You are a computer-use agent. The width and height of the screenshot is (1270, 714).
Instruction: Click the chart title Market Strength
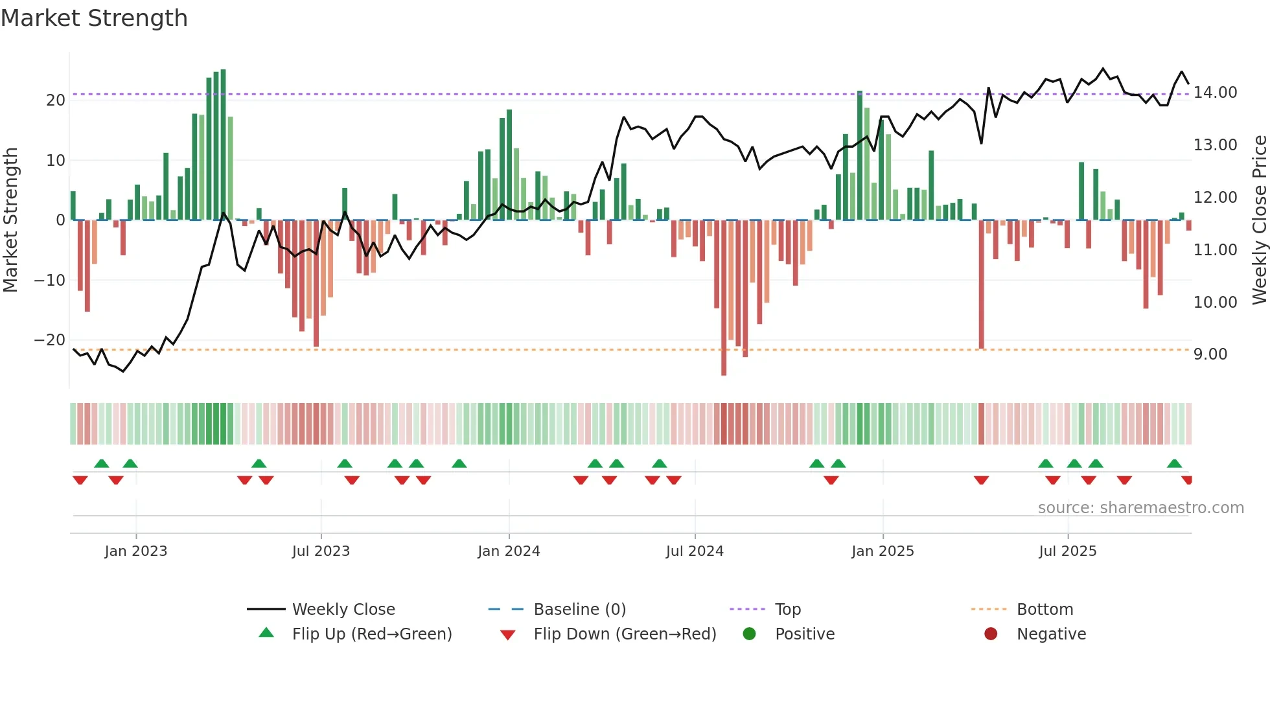click(x=94, y=18)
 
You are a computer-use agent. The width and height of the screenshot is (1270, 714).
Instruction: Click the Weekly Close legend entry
click(x=343, y=609)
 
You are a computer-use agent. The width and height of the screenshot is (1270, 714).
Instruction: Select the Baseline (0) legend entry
click(x=579, y=609)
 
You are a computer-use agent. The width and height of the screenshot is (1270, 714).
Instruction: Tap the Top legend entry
click(x=787, y=609)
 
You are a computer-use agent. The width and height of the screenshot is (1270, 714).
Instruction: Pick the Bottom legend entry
click(x=1045, y=609)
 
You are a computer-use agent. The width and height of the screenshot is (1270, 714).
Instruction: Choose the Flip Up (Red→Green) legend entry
click(x=371, y=634)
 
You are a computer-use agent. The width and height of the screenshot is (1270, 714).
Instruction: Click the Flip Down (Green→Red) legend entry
click(x=625, y=634)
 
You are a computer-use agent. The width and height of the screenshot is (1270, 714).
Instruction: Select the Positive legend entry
click(x=804, y=634)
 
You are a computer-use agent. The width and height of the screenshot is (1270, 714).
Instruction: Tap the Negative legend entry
click(x=1051, y=634)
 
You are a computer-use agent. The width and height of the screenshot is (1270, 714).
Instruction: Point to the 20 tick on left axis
click(x=56, y=100)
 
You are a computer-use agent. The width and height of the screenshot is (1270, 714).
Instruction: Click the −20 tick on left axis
click(x=50, y=340)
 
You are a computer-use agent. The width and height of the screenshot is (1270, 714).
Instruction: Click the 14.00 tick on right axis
click(x=1215, y=93)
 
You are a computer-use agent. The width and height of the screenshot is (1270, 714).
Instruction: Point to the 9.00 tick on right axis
click(x=1210, y=354)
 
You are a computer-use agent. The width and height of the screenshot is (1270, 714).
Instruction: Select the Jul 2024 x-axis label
click(x=695, y=551)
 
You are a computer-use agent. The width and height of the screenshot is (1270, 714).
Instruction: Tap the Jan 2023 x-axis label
click(x=136, y=551)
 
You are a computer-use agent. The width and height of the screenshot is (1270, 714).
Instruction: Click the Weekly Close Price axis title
click(x=1259, y=220)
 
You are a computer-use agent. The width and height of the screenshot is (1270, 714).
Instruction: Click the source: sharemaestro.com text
click(x=1140, y=508)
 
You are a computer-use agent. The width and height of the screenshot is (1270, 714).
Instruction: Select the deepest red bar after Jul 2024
click(x=724, y=297)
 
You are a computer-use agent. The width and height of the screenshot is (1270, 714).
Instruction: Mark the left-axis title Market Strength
click(x=11, y=220)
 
